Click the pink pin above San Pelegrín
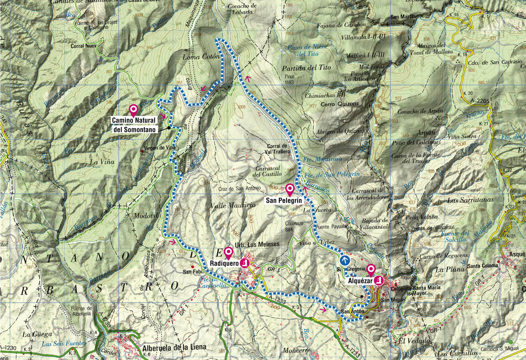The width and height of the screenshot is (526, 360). pyautogui.click(x=290, y=189)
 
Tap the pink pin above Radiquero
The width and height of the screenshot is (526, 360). pyautogui.click(x=228, y=252)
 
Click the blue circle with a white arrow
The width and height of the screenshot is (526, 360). pyautogui.click(x=344, y=260)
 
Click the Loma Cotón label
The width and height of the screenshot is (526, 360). pyautogui.click(x=201, y=57)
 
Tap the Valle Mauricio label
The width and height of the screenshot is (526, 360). pyautogui.click(x=233, y=205)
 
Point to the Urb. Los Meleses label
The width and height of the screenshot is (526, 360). pyautogui.click(x=257, y=244)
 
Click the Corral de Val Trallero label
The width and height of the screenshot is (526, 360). pyautogui.click(x=277, y=149)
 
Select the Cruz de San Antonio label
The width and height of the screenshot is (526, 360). pyautogui.click(x=239, y=189)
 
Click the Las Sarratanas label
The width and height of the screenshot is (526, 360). pyautogui.click(x=470, y=200)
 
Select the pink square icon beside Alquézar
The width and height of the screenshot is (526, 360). pyautogui.click(x=379, y=280)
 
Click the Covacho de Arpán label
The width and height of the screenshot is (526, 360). pyautogui.click(x=420, y=112)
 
